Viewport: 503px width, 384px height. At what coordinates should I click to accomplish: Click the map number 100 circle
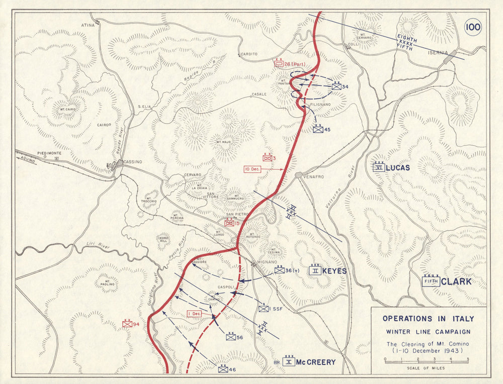pos(472,27)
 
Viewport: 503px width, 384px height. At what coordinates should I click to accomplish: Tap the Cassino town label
pos(133,162)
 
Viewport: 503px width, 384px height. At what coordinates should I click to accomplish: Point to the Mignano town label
pos(267,262)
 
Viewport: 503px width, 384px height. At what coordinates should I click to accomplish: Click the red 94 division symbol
pos(127,324)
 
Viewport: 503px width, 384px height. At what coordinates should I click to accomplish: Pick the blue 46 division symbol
pos(223,369)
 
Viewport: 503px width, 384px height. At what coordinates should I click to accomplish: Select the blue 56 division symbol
pos(231,337)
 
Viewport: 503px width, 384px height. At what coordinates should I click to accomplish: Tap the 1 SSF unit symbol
pos(264,308)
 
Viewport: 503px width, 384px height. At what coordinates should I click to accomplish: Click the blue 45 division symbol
pos(318,129)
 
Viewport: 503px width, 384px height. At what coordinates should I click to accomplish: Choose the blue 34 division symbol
pos(336,86)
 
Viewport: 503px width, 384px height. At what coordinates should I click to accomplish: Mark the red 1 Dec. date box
pos(194,314)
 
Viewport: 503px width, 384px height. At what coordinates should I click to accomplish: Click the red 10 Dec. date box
pos(253,169)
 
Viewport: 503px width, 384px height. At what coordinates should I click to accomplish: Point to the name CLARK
pos(456,281)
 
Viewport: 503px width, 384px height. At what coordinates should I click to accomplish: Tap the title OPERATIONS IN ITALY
pos(428,319)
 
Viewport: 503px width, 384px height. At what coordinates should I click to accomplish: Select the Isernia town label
pos(438,52)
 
